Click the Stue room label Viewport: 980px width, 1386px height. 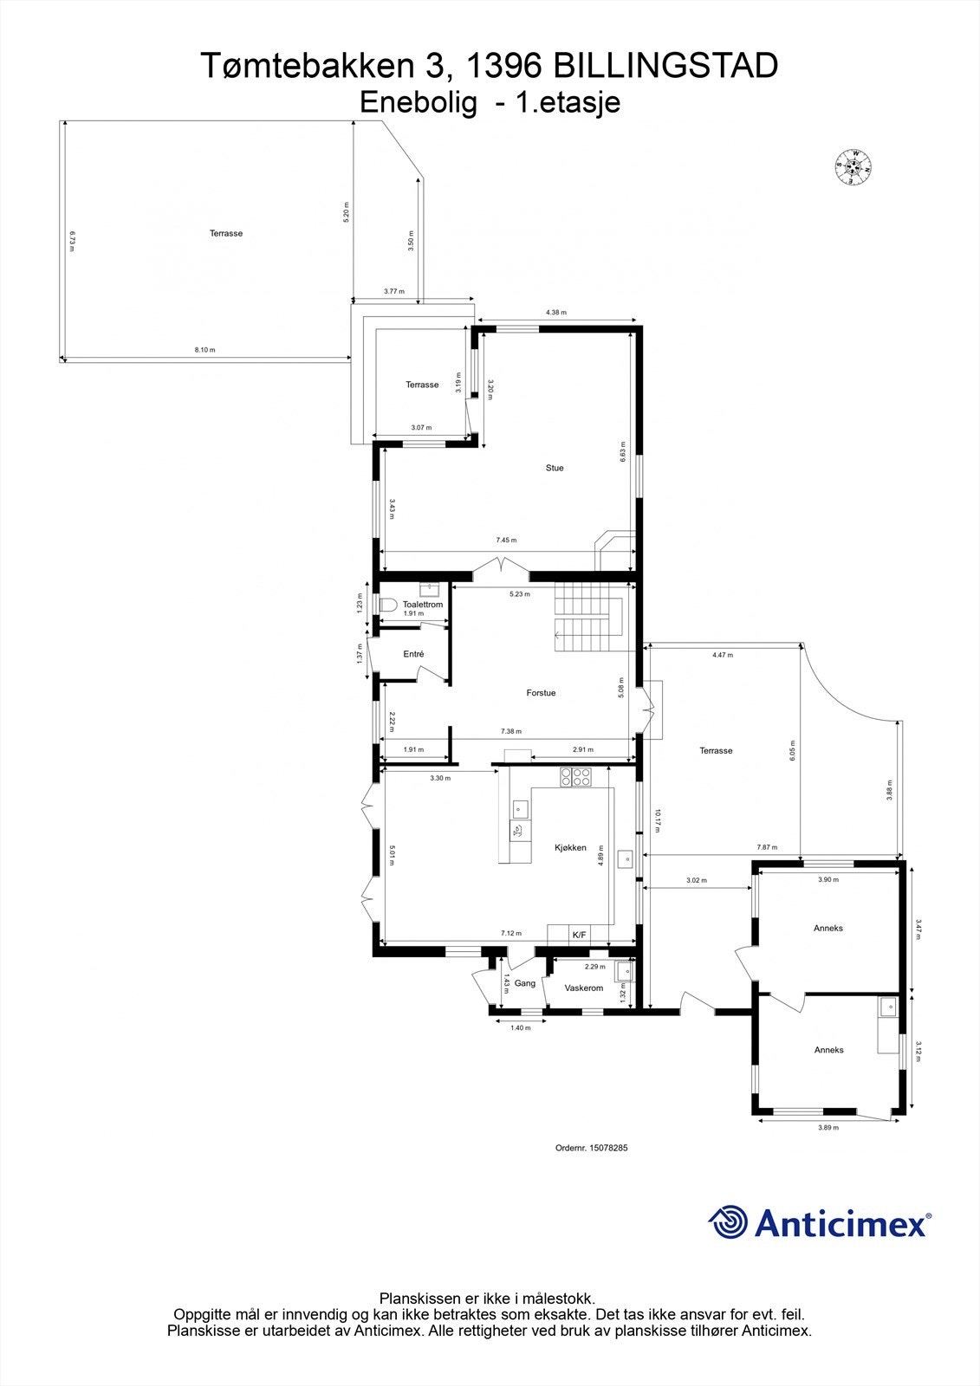(x=555, y=468)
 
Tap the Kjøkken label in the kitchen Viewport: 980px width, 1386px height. (x=571, y=848)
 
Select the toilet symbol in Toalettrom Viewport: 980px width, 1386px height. (x=388, y=605)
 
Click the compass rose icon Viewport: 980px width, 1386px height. (x=853, y=168)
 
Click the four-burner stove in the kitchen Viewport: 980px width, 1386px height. (x=576, y=777)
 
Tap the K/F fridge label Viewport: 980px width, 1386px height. (x=579, y=936)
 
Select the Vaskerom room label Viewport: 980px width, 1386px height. (x=583, y=988)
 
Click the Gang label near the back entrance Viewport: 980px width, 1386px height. (x=525, y=983)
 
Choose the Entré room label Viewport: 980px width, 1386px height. (x=413, y=654)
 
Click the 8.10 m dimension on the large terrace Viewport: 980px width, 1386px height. (x=204, y=350)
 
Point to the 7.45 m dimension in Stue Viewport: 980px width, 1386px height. (x=506, y=541)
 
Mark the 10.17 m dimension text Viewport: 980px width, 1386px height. (x=658, y=820)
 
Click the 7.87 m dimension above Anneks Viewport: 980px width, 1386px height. (x=767, y=847)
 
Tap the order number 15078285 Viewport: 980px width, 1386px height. (x=591, y=1148)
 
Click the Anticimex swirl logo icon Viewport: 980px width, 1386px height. (x=727, y=1222)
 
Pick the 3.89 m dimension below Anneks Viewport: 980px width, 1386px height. (x=828, y=1128)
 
